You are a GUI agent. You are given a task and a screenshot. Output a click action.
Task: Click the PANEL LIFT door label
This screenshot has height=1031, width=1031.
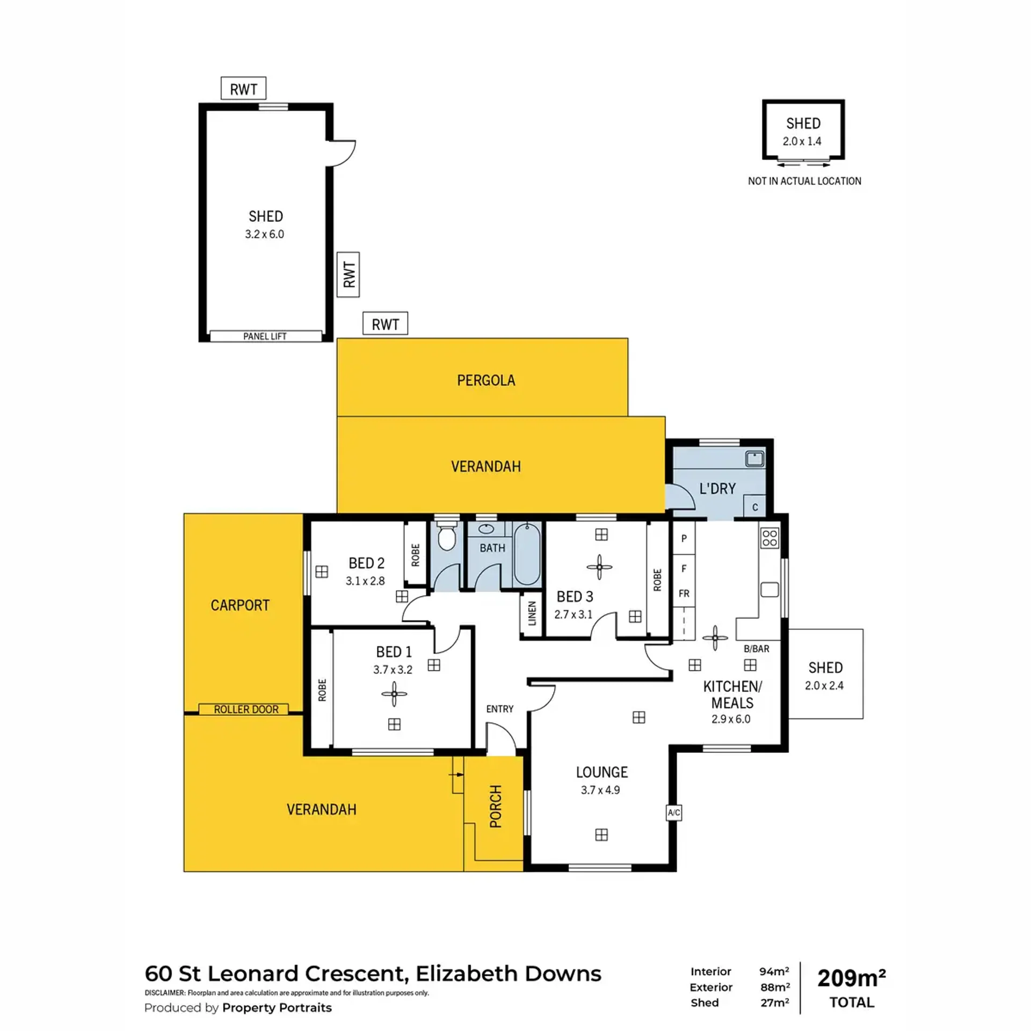click(x=265, y=336)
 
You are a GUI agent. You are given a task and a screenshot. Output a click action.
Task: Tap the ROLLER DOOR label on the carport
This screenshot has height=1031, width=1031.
click(x=246, y=709)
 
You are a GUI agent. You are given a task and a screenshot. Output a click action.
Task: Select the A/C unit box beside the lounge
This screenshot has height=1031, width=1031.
click(x=674, y=812)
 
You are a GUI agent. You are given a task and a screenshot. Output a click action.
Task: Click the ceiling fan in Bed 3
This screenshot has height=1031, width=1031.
click(x=600, y=567)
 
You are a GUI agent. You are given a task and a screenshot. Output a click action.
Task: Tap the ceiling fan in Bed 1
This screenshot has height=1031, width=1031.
click(x=394, y=694)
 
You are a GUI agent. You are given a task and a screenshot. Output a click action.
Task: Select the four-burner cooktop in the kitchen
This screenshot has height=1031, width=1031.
click(x=769, y=538)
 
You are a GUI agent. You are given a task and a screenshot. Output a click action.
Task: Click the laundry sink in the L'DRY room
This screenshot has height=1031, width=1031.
click(x=754, y=459)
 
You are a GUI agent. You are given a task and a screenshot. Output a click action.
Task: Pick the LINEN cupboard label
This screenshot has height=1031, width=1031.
click(x=532, y=613)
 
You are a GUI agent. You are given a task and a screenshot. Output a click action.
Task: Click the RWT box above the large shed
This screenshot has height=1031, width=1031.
click(x=243, y=89)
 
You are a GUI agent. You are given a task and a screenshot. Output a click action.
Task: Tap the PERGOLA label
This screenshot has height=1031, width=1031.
click(x=486, y=380)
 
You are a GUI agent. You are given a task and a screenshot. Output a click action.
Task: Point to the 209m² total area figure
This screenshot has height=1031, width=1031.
click(x=852, y=978)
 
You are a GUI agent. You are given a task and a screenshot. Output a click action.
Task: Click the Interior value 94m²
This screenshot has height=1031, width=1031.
click(x=774, y=971)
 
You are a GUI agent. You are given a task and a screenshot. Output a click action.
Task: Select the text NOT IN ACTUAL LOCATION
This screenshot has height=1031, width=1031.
click(x=804, y=181)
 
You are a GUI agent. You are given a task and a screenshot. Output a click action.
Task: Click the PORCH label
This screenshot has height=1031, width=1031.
click(x=496, y=806)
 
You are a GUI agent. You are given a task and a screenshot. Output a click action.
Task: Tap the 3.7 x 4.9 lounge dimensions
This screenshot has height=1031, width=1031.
click(x=600, y=790)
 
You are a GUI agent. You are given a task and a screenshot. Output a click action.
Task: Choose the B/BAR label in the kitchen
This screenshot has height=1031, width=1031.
click(x=756, y=649)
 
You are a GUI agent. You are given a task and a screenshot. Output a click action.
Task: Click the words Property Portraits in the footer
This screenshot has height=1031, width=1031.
click(x=277, y=1007)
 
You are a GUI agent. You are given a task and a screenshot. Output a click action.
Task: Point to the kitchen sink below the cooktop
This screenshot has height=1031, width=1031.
click(x=769, y=589)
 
